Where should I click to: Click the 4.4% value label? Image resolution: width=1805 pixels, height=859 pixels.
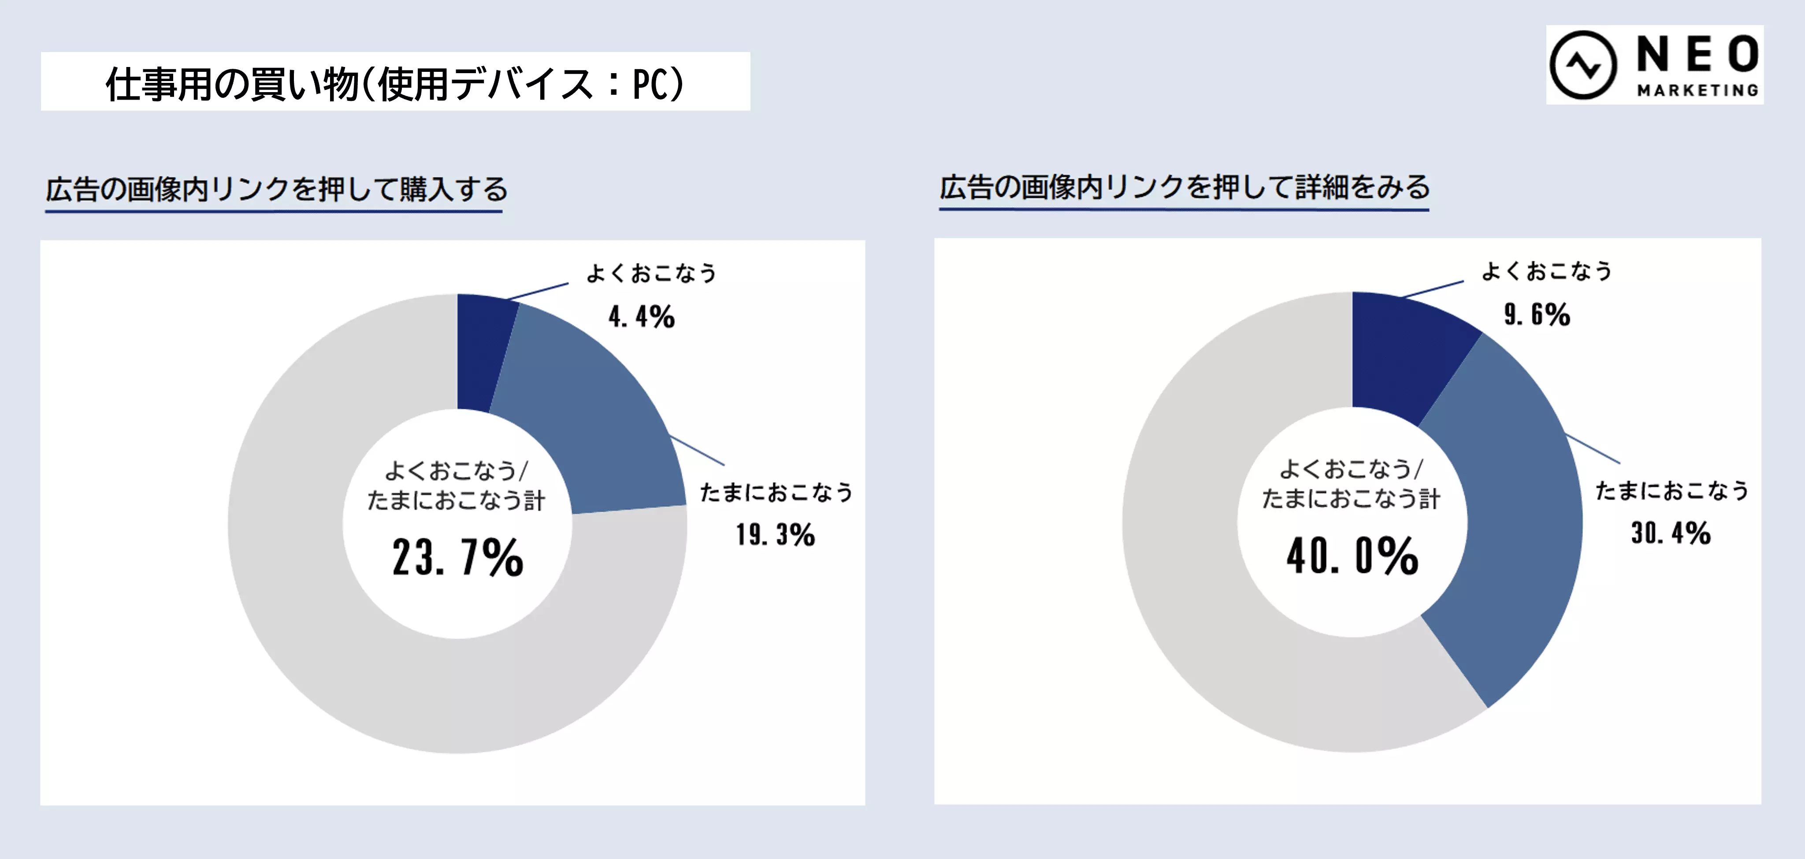click(641, 317)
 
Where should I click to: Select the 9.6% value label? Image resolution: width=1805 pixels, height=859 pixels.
click(1537, 315)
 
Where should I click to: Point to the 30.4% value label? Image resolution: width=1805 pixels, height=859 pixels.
click(1671, 533)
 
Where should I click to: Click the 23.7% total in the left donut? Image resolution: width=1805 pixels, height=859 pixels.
click(457, 557)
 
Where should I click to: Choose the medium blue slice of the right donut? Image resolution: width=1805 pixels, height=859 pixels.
click(1520, 525)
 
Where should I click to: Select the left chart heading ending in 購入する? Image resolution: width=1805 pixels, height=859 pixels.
click(276, 189)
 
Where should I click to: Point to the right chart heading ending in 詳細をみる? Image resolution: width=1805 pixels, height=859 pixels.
click(1184, 187)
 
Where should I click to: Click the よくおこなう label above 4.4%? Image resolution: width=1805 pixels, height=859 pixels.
click(652, 273)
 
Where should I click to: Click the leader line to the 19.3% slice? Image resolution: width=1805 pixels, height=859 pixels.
click(697, 450)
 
